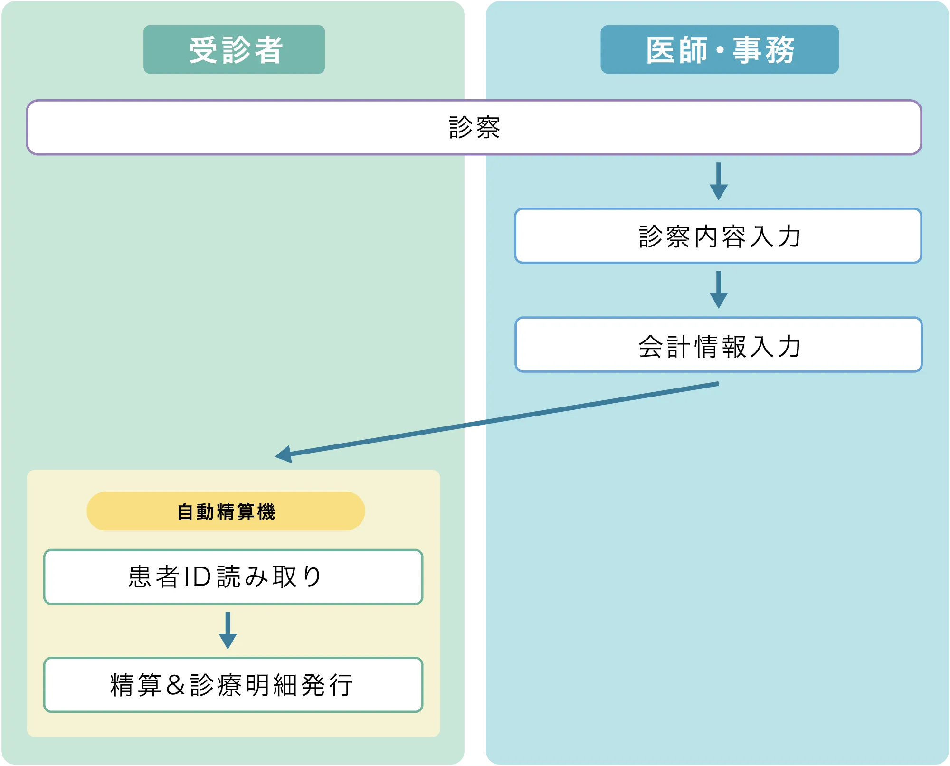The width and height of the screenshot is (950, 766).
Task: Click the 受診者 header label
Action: point(234,49)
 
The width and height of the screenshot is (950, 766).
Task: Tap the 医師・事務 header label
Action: point(719,49)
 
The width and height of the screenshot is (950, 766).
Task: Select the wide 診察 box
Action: point(474,127)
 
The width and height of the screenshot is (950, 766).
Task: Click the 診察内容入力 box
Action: point(718,236)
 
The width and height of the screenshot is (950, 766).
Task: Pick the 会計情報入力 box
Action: point(718,345)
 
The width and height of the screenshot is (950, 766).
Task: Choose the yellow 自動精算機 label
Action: point(226,511)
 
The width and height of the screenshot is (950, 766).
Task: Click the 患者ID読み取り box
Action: point(233,577)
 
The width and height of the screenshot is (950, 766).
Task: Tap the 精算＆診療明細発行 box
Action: point(233,685)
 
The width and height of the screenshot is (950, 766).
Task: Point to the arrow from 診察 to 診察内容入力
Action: point(718,181)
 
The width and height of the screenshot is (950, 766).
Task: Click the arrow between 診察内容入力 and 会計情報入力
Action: point(718,290)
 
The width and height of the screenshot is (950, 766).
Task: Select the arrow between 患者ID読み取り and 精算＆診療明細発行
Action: point(228,631)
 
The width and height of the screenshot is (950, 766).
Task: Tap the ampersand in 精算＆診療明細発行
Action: point(176,685)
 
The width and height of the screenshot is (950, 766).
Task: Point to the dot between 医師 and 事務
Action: point(720,50)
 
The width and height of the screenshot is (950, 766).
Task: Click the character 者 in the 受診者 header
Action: point(269,50)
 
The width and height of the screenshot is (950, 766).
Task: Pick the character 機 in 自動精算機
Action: point(266,512)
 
